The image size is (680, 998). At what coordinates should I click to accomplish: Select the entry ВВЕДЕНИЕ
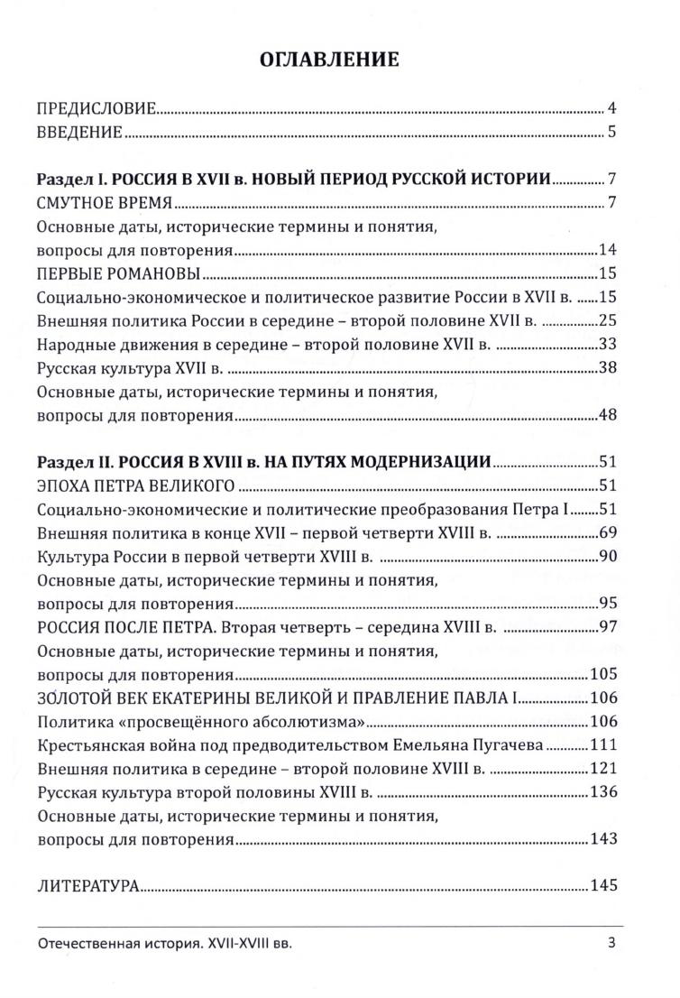click(x=79, y=134)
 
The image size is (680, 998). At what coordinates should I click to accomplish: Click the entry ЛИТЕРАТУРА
click(x=87, y=887)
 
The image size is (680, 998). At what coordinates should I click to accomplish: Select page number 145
click(x=602, y=886)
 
